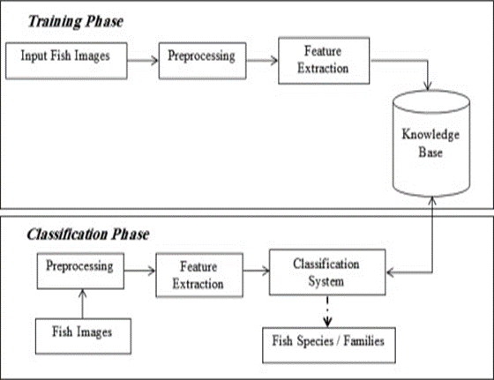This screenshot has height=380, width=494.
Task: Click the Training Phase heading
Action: [76, 22]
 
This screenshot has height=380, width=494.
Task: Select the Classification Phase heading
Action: [88, 235]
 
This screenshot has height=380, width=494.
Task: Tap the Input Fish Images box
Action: [66, 61]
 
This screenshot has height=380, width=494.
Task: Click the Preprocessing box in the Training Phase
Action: [202, 61]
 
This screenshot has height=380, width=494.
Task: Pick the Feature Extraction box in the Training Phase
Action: [324, 61]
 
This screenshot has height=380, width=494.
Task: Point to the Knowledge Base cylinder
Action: [431, 144]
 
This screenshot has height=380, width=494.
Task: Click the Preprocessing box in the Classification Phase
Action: [80, 271]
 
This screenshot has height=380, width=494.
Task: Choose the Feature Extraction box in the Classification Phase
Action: [199, 275]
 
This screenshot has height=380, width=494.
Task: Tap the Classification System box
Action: [327, 272]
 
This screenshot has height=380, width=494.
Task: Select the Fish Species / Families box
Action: [329, 346]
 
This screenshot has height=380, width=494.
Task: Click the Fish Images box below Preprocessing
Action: [83, 336]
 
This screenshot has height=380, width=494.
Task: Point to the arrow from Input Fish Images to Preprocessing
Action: [143, 60]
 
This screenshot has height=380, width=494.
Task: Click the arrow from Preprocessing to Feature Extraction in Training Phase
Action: [262, 60]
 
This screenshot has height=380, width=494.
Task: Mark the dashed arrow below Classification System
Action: [327, 311]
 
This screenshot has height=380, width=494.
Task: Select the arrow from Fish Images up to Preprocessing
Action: [83, 304]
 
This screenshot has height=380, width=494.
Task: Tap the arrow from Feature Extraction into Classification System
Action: [256, 271]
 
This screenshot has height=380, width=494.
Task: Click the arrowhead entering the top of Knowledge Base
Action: [428, 86]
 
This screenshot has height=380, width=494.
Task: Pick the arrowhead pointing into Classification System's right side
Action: [391, 272]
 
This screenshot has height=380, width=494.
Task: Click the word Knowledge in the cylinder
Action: [430, 135]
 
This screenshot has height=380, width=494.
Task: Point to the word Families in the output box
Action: [363, 341]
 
